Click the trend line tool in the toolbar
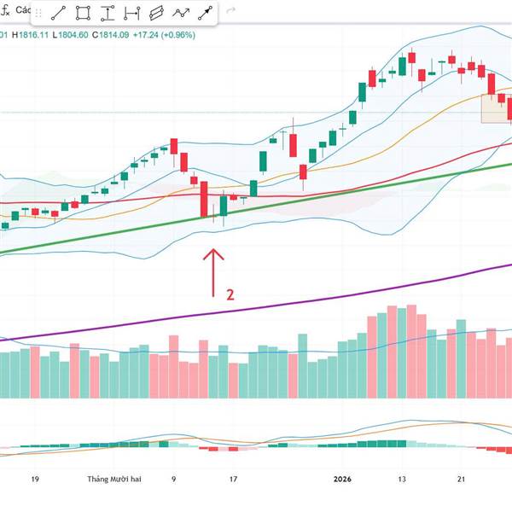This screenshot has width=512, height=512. click(x=58, y=13)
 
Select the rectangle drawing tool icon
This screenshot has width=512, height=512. click(x=83, y=13)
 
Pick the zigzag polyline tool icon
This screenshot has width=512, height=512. click(x=181, y=13)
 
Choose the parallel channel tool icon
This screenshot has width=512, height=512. click(x=156, y=13)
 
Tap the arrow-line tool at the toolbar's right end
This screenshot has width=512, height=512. click(x=206, y=13)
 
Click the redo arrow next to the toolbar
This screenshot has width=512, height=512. click(x=232, y=13)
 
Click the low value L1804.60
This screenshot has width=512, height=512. click(x=71, y=35)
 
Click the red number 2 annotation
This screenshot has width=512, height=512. click(x=230, y=294)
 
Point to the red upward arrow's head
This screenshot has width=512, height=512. click(x=213, y=251)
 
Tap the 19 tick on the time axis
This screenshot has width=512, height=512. click(x=35, y=480)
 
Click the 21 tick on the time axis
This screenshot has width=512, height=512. click(x=461, y=480)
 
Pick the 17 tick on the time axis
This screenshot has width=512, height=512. click(x=233, y=480)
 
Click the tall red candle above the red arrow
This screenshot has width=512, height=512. click(x=205, y=198)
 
